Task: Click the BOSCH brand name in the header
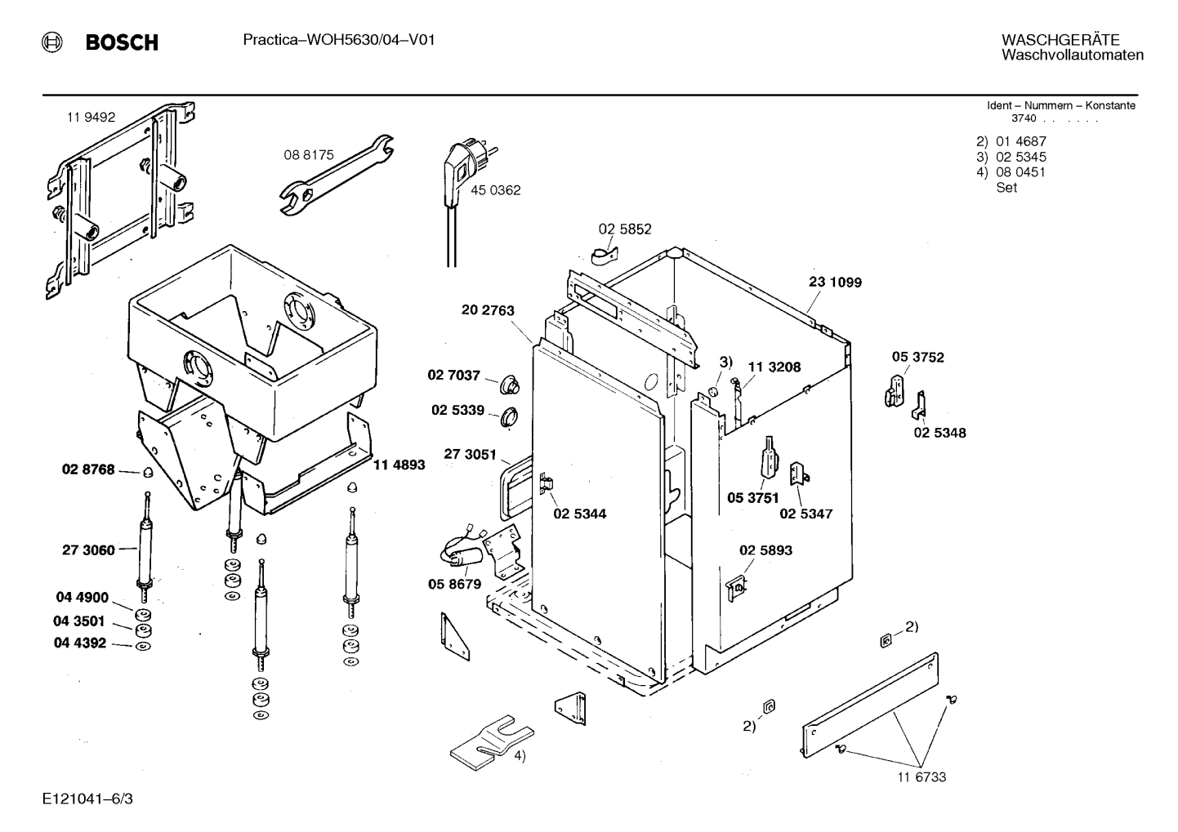point(122,42)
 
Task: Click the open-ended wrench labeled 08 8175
point(336,175)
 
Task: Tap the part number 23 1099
point(835,283)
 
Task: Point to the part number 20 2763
point(488,310)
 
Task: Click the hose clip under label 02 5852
point(605,256)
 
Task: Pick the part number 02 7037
point(453,376)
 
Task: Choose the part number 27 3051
point(470,454)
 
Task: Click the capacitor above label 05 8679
point(462,554)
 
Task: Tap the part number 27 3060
point(88,549)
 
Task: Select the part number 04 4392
point(80,643)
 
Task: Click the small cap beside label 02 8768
point(148,472)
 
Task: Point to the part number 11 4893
point(399,465)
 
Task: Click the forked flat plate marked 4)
point(492,743)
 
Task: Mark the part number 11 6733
point(921,776)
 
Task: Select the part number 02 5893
point(765,549)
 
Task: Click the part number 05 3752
point(917,357)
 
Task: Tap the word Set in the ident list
point(1006,188)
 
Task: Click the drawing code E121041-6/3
point(87,799)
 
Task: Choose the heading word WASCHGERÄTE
point(1060,39)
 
